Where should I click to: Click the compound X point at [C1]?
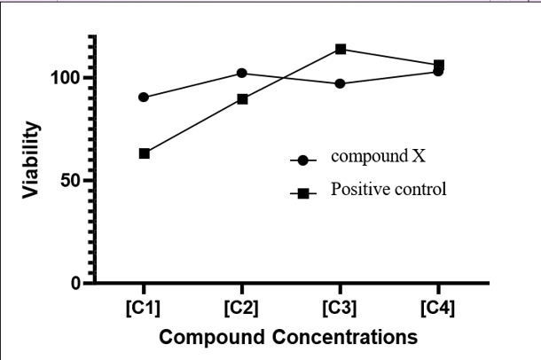[144, 98]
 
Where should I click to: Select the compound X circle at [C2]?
[242, 73]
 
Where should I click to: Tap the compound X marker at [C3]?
[340, 83]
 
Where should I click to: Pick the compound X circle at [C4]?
[438, 71]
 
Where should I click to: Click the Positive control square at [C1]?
[144, 153]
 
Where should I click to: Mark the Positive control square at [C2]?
[242, 99]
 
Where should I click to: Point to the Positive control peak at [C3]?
[340, 49]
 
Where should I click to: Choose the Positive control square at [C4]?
[439, 65]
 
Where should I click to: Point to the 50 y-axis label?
[71, 181]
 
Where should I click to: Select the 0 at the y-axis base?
[77, 284]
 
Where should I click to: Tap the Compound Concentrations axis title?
[291, 338]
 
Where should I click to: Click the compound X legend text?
[378, 157]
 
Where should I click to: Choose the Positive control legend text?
[388, 189]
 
